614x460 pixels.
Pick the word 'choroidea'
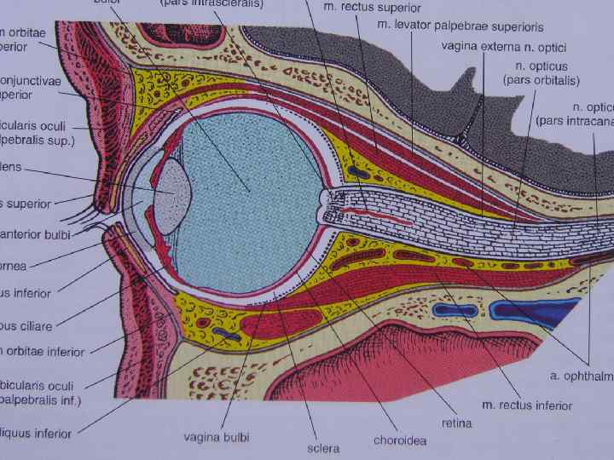tap(400, 440)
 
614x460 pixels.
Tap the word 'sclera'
tap(323, 448)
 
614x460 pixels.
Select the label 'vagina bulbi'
tap(217, 438)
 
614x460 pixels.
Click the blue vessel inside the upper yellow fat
tap(359, 172)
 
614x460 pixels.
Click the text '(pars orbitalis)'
tap(542, 81)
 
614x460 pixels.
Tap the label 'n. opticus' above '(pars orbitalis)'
tap(543, 65)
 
